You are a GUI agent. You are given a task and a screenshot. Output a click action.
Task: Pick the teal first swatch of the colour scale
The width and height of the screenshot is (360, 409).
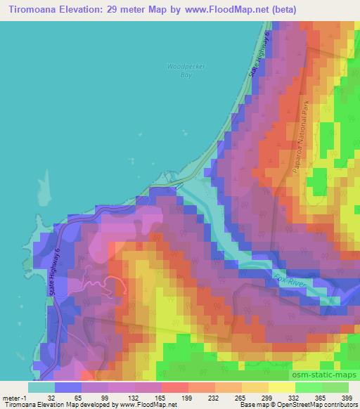click(41, 387)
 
